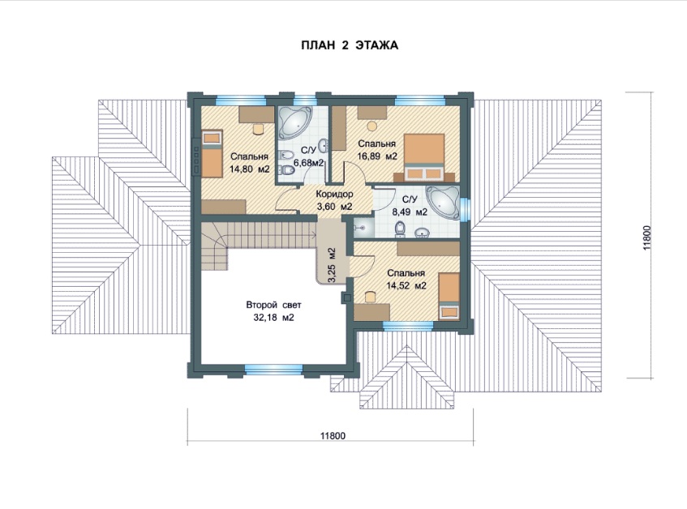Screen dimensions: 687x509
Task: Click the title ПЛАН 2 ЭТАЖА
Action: coord(350,45)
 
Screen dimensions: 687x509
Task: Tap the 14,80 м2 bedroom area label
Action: coord(249,169)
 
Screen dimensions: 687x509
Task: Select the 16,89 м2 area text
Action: coord(377,156)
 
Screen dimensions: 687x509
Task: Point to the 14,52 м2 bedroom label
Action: coord(406,286)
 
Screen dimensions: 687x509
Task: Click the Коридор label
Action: coord(335,194)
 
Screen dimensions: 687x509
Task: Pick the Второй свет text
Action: coord(273,305)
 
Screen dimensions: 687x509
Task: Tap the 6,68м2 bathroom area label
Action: coord(308,163)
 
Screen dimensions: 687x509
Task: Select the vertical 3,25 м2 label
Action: coord(332,266)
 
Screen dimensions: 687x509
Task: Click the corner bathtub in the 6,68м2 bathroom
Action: coord(294,122)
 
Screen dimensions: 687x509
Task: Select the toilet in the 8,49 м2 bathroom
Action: coord(400,229)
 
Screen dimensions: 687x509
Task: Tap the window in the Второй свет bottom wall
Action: coord(274,370)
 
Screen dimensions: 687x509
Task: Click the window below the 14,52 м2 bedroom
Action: coord(408,326)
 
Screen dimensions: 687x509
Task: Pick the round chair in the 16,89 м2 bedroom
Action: coord(372,126)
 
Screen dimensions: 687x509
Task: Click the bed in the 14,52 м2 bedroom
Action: coord(449,297)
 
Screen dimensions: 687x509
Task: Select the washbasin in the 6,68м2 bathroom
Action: coord(323,143)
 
